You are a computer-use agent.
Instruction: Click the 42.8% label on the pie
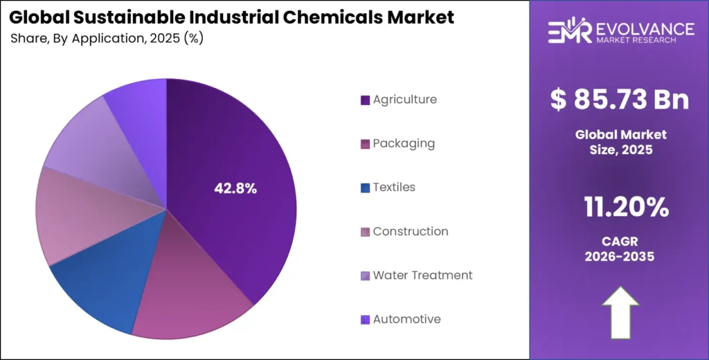coord(235,188)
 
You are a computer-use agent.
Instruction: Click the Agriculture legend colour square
coord(365,100)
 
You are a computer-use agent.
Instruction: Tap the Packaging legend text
coord(404,143)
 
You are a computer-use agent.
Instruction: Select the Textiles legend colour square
coord(365,188)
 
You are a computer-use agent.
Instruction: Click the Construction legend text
coord(411,231)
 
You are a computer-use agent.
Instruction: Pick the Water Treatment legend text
coord(422,275)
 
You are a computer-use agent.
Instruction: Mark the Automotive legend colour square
coord(365,320)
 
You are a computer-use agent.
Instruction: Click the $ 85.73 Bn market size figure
coord(620,100)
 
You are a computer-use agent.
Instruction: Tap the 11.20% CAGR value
coord(620,206)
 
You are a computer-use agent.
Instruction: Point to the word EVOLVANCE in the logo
coord(645,28)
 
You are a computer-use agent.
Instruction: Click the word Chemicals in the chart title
coord(341,17)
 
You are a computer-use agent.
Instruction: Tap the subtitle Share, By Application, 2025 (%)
coord(107,38)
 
